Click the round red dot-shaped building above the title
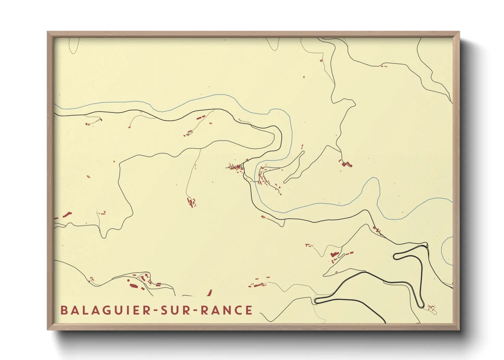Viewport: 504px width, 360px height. click(x=128, y=280)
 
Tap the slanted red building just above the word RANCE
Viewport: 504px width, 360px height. click(x=210, y=293)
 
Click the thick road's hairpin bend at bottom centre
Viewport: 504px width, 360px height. click(x=316, y=300)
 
